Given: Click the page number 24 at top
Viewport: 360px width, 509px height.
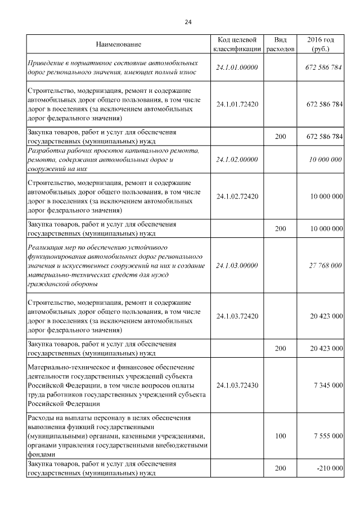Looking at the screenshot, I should (x=188, y=22).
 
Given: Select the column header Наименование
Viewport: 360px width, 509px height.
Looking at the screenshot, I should (x=118, y=44).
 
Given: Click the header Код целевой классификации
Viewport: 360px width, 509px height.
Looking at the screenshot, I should (x=237, y=44).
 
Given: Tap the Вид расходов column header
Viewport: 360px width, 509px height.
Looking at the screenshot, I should (x=280, y=44).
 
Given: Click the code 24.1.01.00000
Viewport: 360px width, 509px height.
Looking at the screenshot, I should (x=237, y=67).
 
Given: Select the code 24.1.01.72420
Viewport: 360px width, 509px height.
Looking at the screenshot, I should (x=237, y=105).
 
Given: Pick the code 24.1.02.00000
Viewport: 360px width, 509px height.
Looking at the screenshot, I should (x=237, y=160).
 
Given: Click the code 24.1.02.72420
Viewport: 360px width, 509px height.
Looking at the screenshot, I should (x=237, y=196).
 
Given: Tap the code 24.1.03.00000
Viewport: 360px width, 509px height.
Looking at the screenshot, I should (x=237, y=265).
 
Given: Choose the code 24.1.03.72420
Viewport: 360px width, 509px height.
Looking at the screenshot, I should (x=237, y=317).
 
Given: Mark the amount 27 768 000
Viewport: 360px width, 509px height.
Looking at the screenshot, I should (x=326, y=265).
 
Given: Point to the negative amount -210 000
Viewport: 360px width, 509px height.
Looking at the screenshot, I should (x=328, y=469).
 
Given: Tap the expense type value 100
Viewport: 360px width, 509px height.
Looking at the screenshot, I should (x=280, y=436).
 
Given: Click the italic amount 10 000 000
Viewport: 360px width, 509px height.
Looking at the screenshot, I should (x=326, y=160).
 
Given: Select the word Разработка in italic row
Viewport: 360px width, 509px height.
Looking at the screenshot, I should (x=46, y=151).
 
